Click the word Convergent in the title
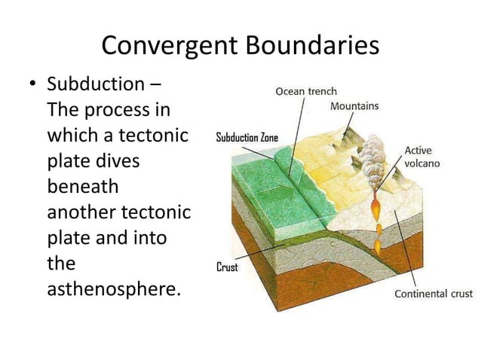click(x=170, y=46)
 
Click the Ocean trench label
click(x=306, y=91)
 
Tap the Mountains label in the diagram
click(x=354, y=106)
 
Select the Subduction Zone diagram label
click(x=247, y=137)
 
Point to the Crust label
click(x=228, y=267)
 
